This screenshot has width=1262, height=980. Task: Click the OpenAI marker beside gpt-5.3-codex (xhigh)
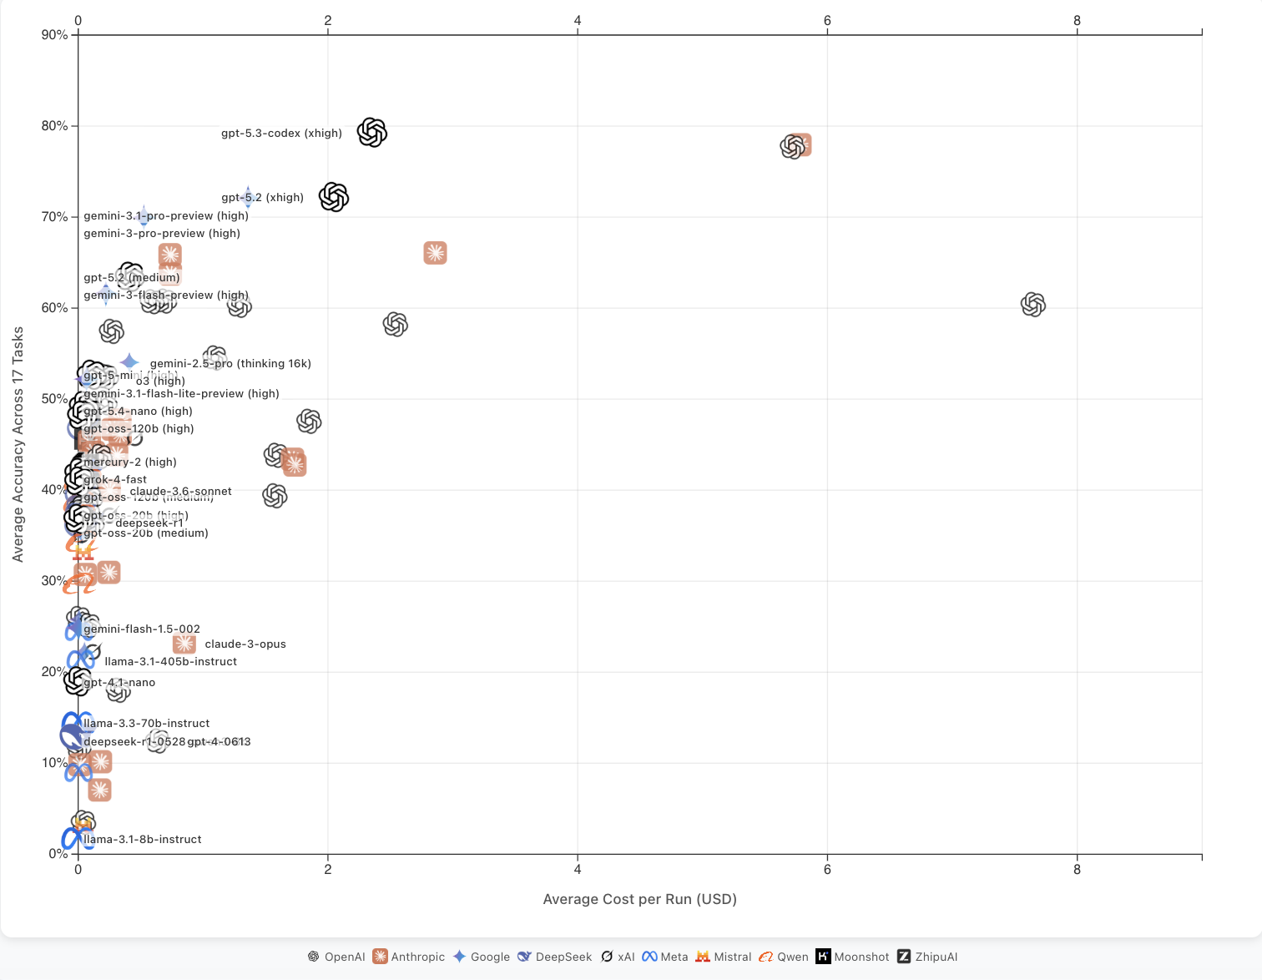pos(372,133)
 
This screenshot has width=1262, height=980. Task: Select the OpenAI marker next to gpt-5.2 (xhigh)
pos(334,198)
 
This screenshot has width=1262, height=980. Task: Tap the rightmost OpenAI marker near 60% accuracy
pos(1033,305)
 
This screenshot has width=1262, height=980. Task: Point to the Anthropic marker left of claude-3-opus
pos(184,644)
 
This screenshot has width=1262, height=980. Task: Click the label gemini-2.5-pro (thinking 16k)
pos(230,364)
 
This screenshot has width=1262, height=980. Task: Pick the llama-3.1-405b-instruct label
pos(170,662)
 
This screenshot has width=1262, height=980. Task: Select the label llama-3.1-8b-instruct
pos(143,840)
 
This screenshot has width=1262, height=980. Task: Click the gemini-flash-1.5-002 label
pos(142,629)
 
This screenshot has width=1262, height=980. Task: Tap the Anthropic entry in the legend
pos(409,957)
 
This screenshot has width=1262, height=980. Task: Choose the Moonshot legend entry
pos(852,957)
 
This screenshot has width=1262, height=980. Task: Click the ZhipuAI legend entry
pos(927,957)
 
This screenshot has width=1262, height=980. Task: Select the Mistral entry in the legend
pos(724,957)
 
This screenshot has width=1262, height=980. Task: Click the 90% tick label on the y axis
pos(54,35)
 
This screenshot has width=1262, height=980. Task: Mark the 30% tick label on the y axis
pos(54,581)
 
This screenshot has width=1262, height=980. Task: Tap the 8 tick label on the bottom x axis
pos(1077,870)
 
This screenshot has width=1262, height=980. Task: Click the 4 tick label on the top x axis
pos(578,21)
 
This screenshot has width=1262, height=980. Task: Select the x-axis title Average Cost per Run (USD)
pos(639,899)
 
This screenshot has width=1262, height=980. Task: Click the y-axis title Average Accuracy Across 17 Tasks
pos(18,444)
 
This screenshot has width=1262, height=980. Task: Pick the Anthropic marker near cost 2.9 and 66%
pos(435,253)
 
